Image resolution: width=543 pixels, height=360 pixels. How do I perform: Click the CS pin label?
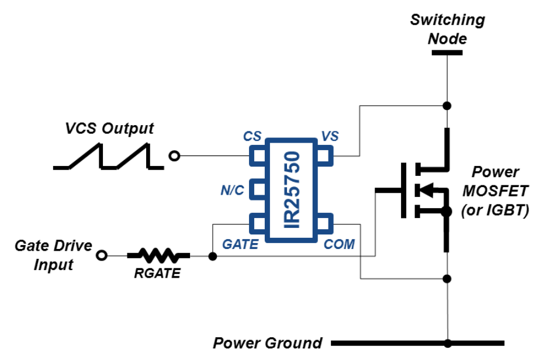[252, 137]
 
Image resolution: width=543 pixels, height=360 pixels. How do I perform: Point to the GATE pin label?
[240, 244]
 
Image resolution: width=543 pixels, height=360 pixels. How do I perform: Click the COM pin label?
[340, 244]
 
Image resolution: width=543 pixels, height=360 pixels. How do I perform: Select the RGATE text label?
[158, 272]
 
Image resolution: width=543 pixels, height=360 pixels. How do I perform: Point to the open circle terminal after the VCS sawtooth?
[174, 156]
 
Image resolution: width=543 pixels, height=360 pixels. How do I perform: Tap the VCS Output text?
[109, 128]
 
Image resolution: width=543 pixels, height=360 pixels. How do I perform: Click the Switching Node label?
[447, 29]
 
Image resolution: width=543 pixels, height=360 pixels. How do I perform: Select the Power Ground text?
[267, 342]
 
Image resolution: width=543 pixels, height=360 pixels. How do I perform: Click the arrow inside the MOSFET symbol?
[427, 190]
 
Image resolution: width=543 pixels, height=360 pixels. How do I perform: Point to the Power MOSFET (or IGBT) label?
[496, 191]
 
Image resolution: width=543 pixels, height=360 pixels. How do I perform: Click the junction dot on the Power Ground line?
[447, 343]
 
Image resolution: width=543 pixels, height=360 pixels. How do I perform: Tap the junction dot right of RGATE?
[212, 256]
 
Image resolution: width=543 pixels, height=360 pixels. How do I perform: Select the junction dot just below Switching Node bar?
[447, 106]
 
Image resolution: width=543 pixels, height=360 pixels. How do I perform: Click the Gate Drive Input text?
[53, 255]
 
